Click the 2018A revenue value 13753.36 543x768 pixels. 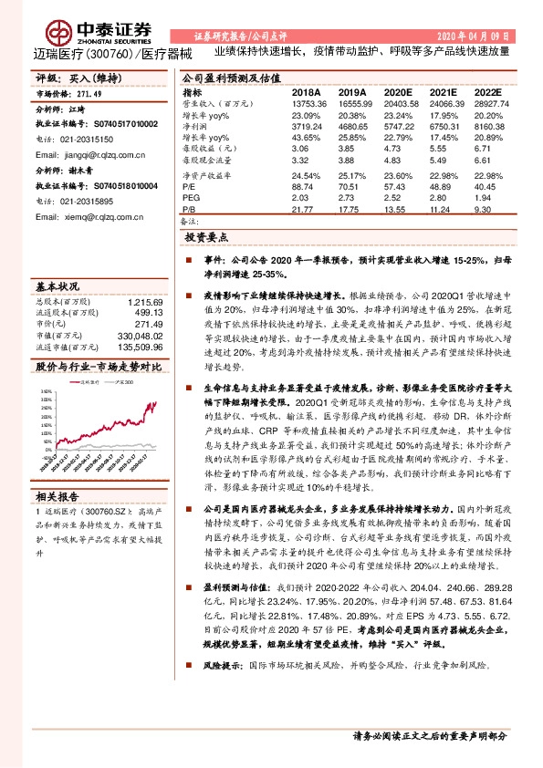(x=306, y=106)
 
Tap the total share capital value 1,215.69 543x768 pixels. (x=144, y=302)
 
